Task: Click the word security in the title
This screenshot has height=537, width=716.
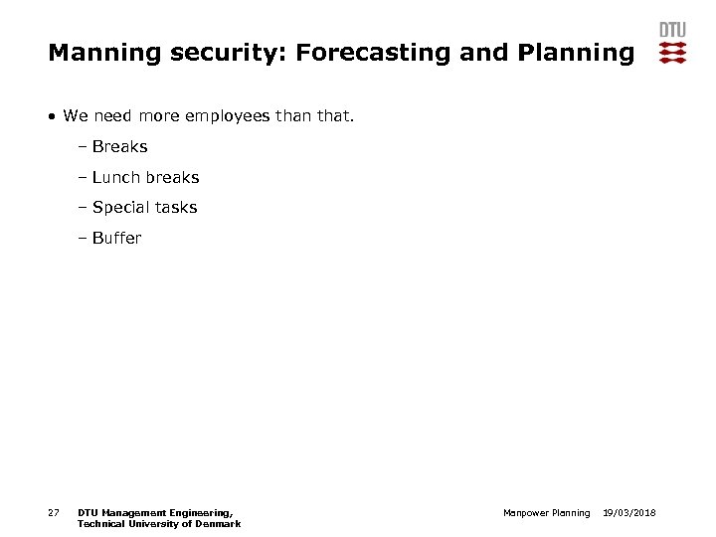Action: point(211,52)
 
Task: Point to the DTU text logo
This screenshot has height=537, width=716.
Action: point(672,30)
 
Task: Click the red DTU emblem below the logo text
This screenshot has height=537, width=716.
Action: point(672,53)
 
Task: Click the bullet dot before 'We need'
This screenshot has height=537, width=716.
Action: point(52,116)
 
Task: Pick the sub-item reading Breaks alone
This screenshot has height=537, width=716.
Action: point(119,147)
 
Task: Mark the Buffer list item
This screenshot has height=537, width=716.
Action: point(116,239)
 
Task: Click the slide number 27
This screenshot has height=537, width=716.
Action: point(53,513)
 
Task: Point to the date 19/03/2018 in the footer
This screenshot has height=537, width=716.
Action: point(629,513)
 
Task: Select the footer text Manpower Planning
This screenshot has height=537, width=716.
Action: point(546,513)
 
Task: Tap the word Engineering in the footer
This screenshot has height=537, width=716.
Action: point(201,513)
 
